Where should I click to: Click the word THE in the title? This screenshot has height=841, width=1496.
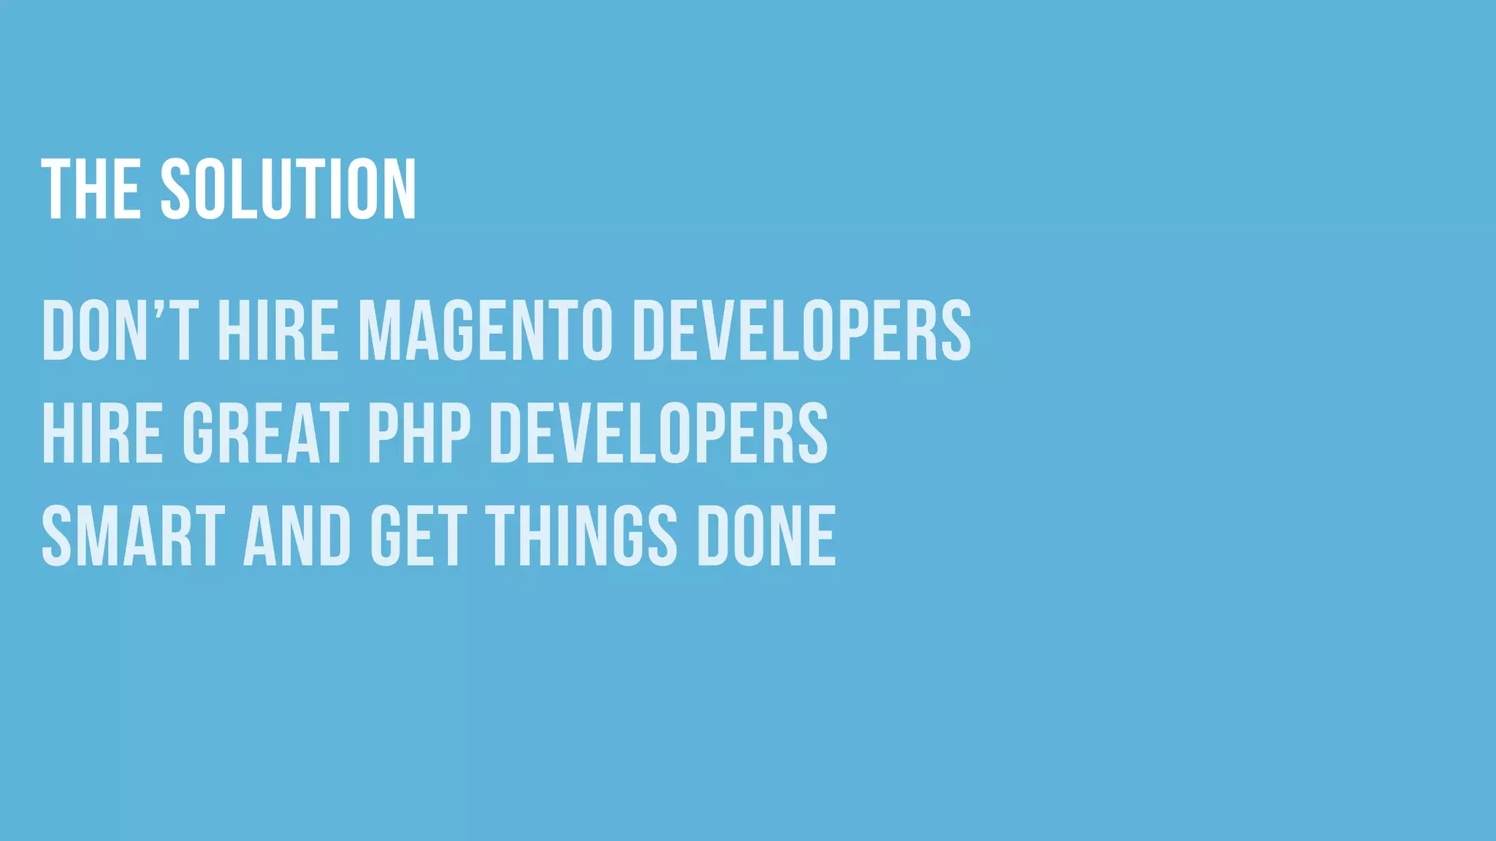pos(91,189)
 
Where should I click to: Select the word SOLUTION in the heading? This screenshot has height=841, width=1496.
pos(289,189)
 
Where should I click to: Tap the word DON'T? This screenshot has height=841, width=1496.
pos(121,331)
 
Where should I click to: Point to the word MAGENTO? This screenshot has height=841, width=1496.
pos(485,331)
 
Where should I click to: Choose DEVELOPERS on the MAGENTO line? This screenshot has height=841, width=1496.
pos(802,331)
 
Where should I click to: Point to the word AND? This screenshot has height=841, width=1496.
pos(297,536)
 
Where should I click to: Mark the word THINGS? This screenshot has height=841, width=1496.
pos(581,536)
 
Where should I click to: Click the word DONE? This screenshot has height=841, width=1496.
pos(767,536)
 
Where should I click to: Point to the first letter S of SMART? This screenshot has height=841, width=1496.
pos(56,536)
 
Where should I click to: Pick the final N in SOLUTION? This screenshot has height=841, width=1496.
pos(400,189)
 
